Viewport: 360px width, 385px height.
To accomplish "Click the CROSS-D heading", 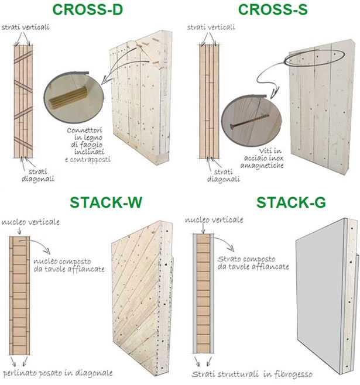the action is click(88, 9).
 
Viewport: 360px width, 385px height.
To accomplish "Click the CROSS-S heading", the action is click(273, 9).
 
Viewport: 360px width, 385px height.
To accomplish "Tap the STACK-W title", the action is click(106, 202).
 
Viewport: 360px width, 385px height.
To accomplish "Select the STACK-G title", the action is click(291, 202).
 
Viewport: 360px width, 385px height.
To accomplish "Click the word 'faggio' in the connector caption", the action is click(87, 145).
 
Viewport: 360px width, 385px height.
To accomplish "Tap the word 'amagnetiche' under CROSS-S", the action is click(262, 166).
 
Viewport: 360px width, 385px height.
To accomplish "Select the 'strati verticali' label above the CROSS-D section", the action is click(25, 27).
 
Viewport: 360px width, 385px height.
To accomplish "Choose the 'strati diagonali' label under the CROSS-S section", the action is click(223, 176).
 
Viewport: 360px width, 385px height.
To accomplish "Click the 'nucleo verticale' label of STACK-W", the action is click(30, 222).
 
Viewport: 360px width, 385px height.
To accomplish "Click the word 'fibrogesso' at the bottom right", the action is click(293, 374).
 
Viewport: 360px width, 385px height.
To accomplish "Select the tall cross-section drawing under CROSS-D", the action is click(23, 101).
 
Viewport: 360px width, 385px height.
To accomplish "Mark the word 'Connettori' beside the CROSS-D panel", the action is click(84, 130).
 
